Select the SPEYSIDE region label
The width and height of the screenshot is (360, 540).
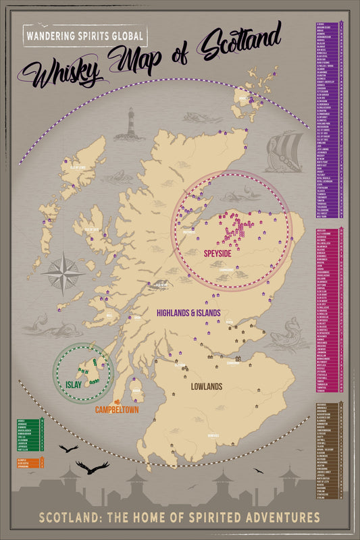219,254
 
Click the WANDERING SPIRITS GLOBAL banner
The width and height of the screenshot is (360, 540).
84,34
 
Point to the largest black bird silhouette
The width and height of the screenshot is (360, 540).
93,466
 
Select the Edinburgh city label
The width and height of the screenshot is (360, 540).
234,362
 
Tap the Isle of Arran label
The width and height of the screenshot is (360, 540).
135,390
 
